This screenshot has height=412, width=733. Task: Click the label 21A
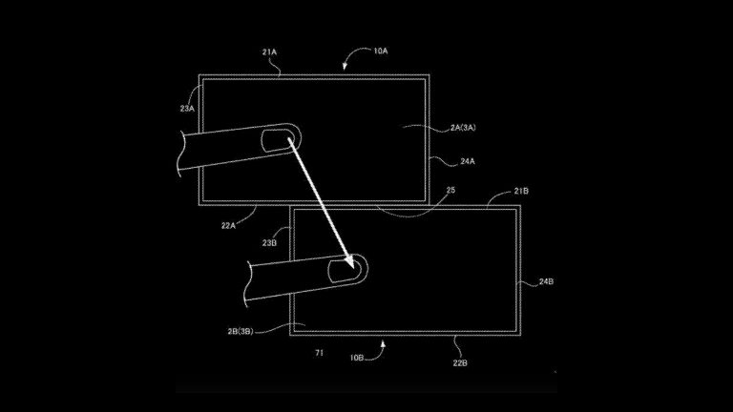(x=269, y=52)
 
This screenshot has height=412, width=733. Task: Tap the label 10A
(x=381, y=51)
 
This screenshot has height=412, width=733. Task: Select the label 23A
(x=187, y=109)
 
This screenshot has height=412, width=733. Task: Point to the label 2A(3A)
(x=463, y=128)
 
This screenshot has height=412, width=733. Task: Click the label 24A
(x=468, y=161)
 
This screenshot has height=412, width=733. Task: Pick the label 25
(x=450, y=190)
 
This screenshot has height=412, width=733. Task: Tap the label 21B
(x=521, y=191)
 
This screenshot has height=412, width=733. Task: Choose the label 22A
(x=228, y=226)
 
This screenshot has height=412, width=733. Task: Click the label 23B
(x=269, y=243)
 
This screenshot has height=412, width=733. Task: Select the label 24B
(x=546, y=281)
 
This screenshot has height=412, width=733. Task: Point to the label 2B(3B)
(x=241, y=332)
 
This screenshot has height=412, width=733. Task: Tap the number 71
(x=320, y=353)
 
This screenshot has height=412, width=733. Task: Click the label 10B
(x=357, y=358)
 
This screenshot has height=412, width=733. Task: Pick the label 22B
(x=460, y=362)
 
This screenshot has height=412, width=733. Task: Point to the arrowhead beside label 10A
(x=345, y=67)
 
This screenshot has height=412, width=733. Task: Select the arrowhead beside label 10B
(x=384, y=344)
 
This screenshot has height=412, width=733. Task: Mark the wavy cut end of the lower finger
(x=247, y=284)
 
